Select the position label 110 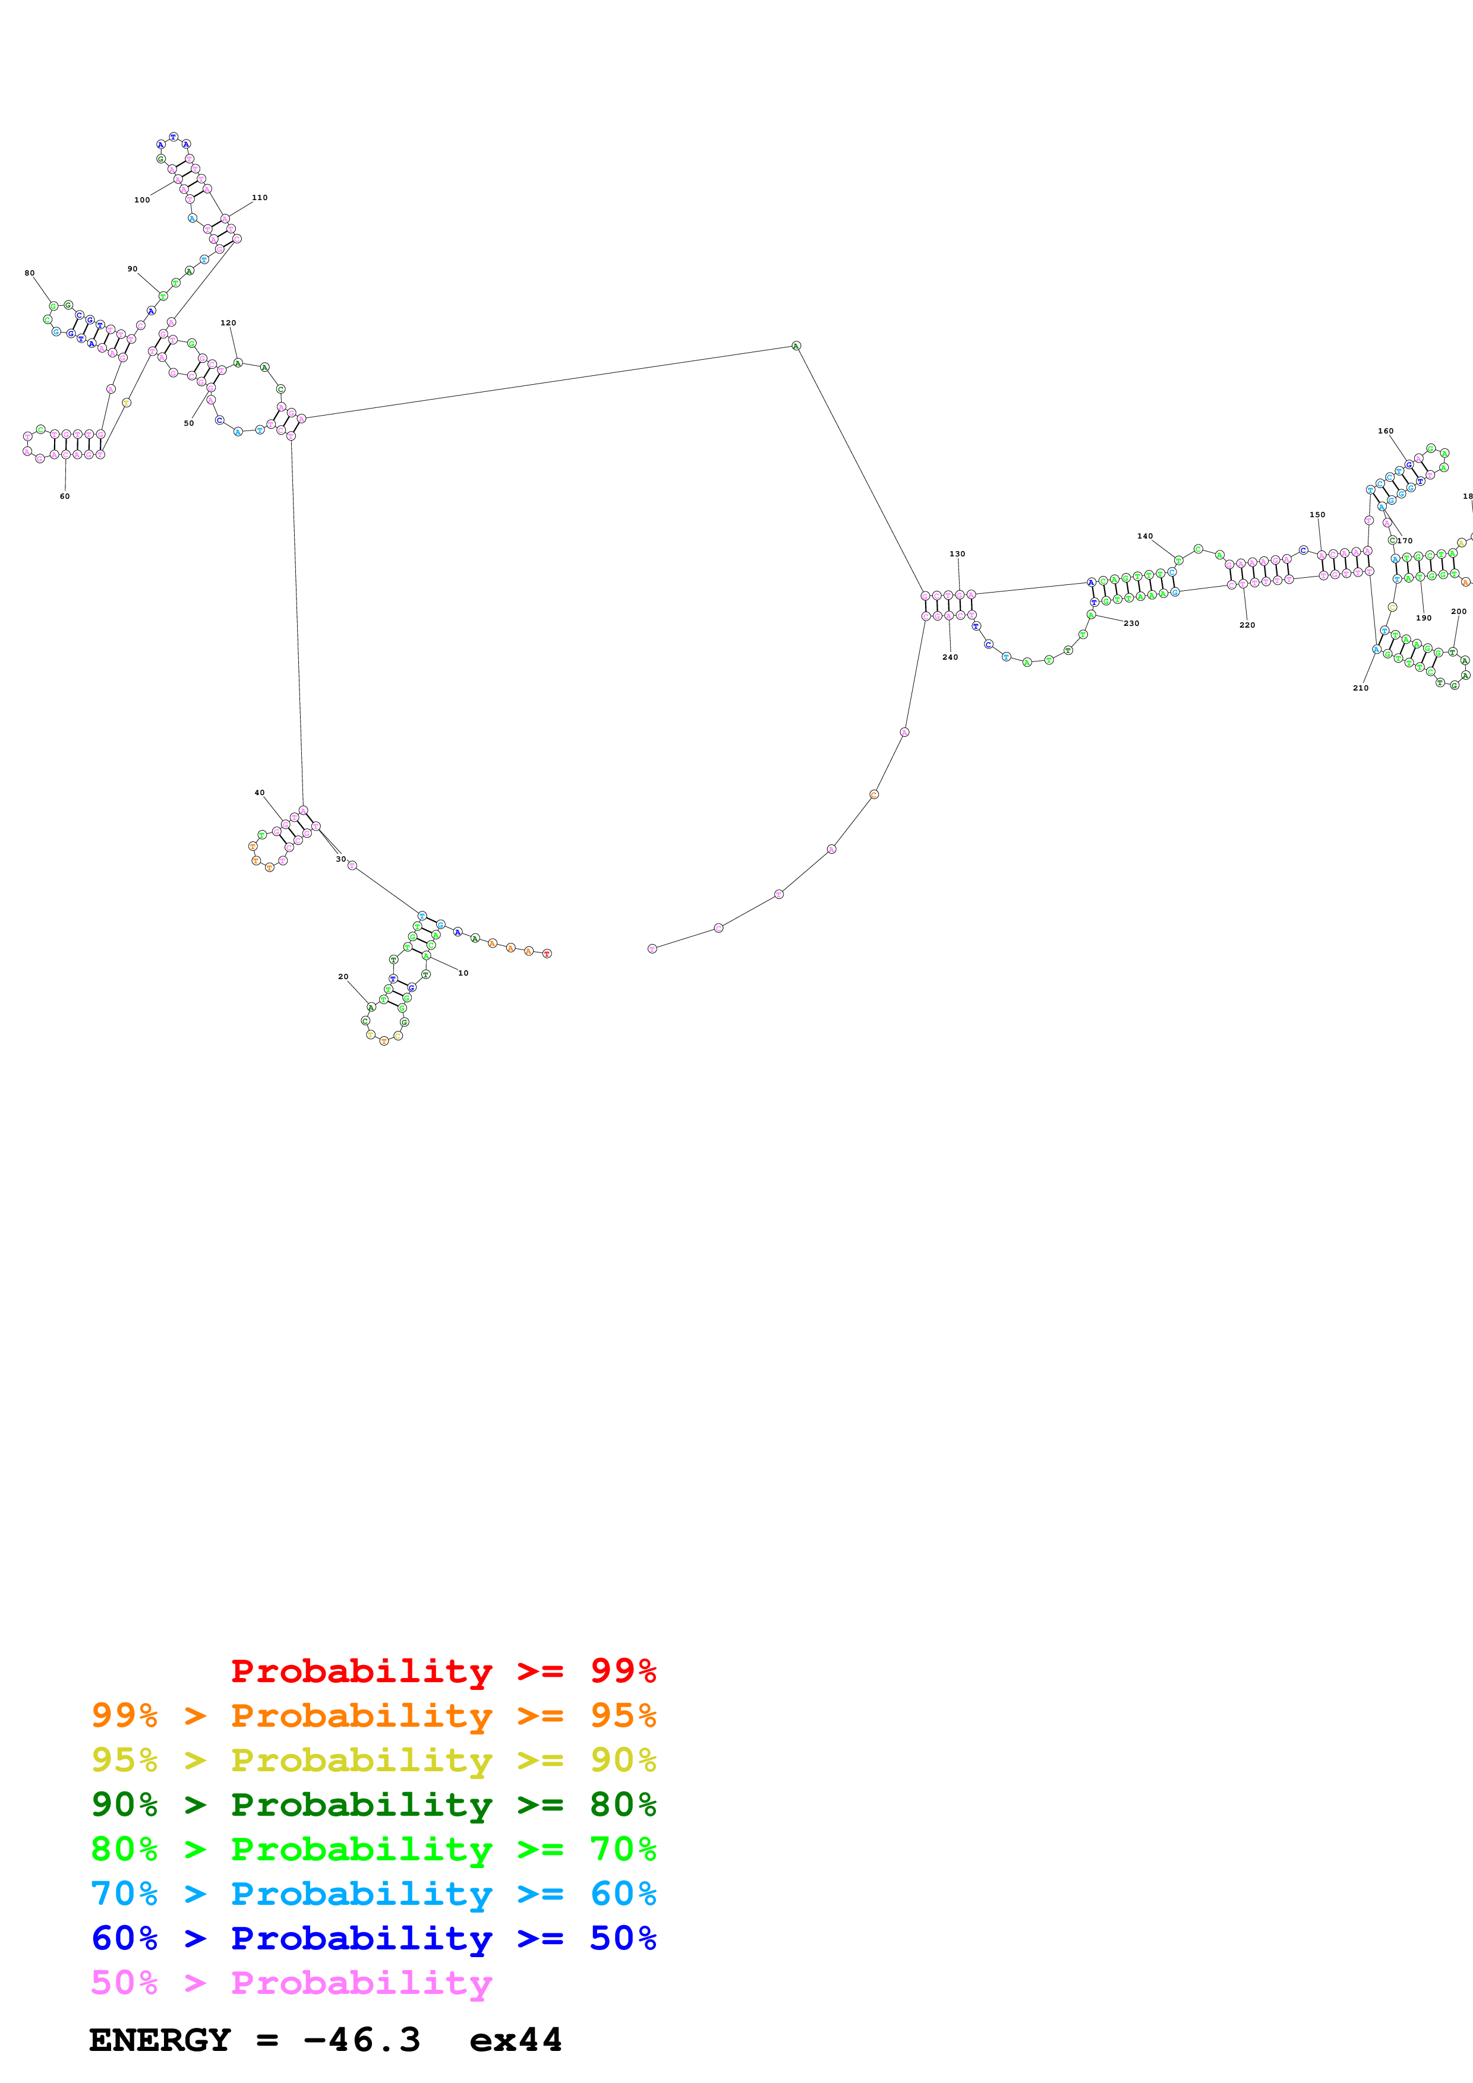point(260,197)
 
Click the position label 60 point(64,496)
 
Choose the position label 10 point(463,973)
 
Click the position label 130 point(957,553)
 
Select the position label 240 point(950,657)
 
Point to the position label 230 point(1131,623)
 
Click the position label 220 point(1247,625)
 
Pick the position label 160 point(1385,431)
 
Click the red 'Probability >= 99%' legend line point(443,1671)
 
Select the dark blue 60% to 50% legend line point(373,1939)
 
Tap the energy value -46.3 point(362,2040)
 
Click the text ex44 point(516,2040)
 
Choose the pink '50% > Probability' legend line point(291,1983)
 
